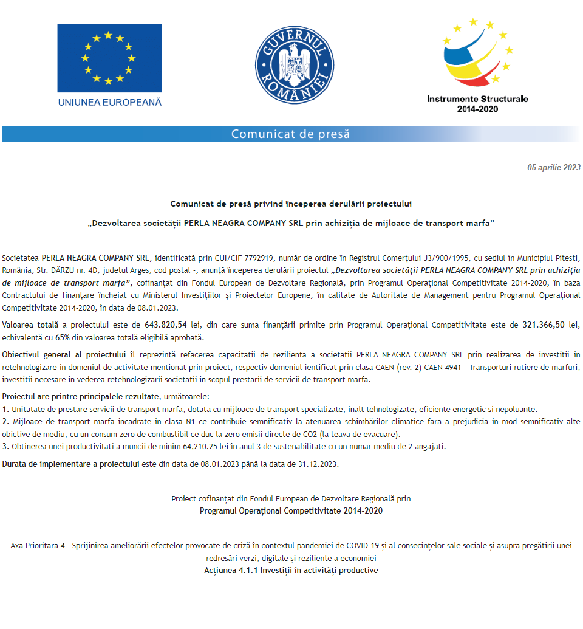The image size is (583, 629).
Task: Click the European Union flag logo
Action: pyautogui.click(x=109, y=58)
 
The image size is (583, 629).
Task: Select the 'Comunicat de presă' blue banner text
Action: pyautogui.click(x=290, y=134)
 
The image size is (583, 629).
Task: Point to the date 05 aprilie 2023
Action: pyautogui.click(x=554, y=168)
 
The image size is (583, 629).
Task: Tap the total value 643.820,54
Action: pyautogui.click(x=165, y=325)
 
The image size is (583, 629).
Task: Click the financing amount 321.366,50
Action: pyautogui.click(x=544, y=325)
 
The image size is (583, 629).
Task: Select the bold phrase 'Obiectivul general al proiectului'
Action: pyautogui.click(x=64, y=354)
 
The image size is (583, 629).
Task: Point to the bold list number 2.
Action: pyautogui.click(x=5, y=421)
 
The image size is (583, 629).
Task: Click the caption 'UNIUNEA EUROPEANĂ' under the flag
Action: pyautogui.click(x=110, y=102)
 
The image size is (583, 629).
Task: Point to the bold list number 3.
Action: pyautogui.click(x=5, y=447)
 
